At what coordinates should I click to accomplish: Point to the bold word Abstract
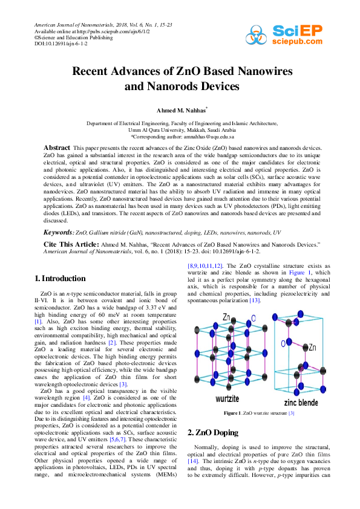[57, 148]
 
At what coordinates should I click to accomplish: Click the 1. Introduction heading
[59, 279]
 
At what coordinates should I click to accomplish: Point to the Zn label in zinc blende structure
[312, 348]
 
